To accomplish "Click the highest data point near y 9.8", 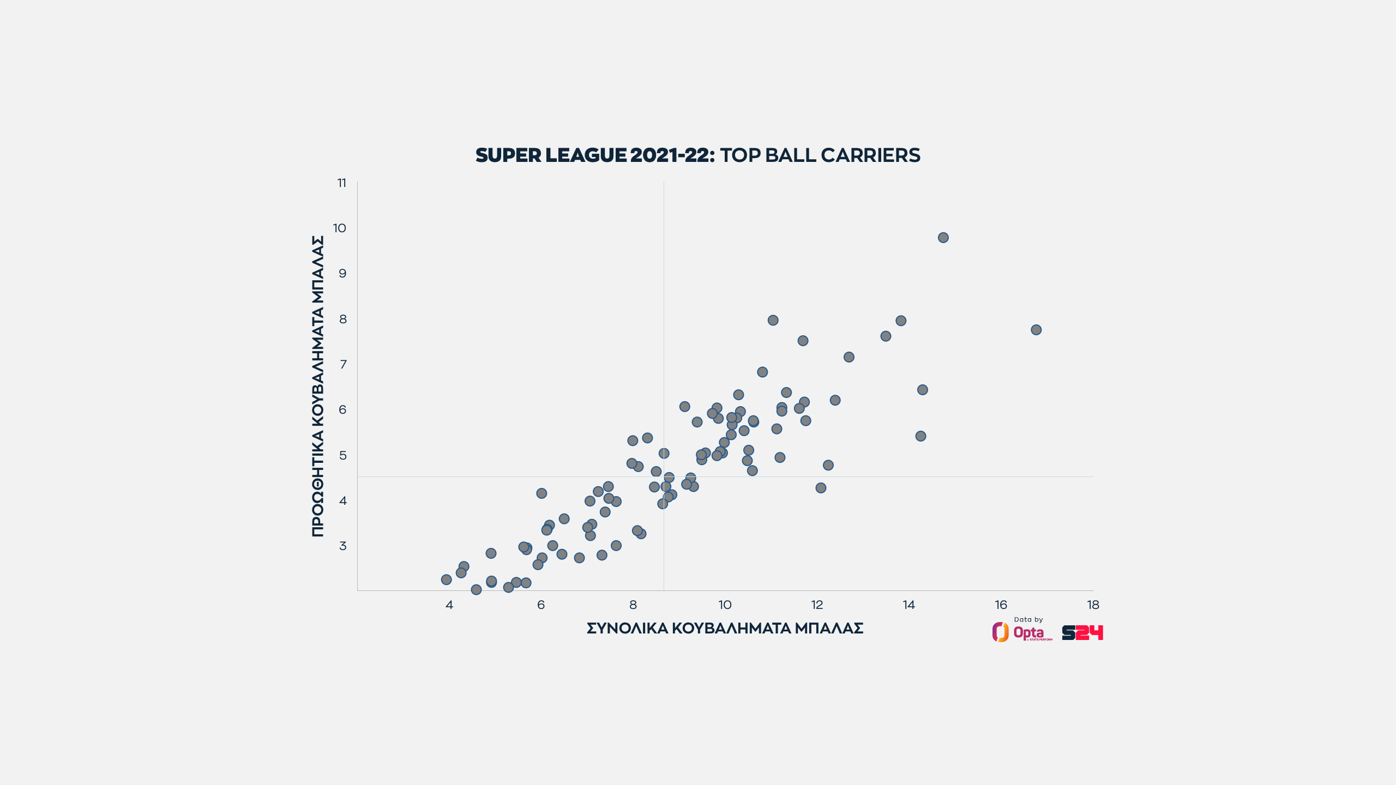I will click(943, 238).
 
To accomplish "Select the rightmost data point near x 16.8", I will click(1036, 330).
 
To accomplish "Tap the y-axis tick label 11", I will click(342, 183).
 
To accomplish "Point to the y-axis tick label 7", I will click(343, 364).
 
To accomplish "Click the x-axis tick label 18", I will click(1093, 605).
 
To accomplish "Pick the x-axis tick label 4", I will click(449, 605).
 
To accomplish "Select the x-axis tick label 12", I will click(817, 605).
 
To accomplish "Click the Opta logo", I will click(1022, 632).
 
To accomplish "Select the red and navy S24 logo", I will click(1082, 632).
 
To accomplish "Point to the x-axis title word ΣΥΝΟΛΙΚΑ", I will click(627, 629).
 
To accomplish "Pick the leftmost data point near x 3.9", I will click(446, 579).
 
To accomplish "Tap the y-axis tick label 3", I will click(343, 546).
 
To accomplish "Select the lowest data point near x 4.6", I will click(476, 589).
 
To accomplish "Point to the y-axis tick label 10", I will click(340, 228).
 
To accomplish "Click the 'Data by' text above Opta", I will click(1028, 619).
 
